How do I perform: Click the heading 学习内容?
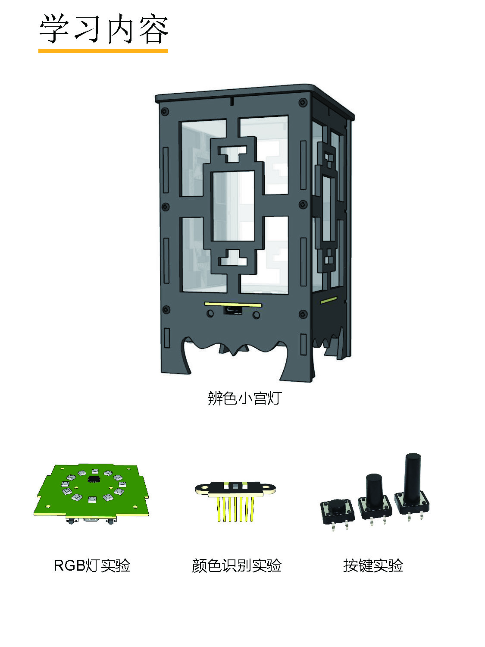click(x=103, y=28)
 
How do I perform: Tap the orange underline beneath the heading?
click(x=103, y=51)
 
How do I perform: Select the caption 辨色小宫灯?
click(x=245, y=398)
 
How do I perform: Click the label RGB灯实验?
click(x=92, y=565)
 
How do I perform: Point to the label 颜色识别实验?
click(x=236, y=565)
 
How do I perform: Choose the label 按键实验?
click(x=373, y=565)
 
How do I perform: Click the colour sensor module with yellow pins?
click(x=235, y=500)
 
